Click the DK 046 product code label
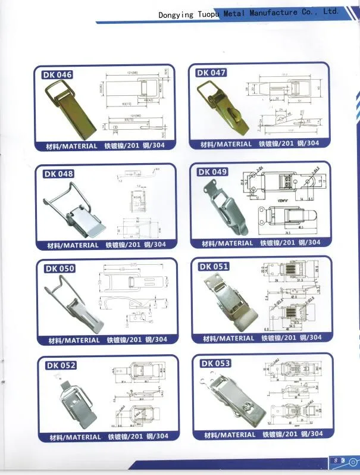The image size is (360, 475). click(57, 75)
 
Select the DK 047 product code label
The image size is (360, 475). click(211, 73)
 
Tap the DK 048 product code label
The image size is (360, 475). click(58, 174)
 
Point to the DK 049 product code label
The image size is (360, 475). click(213, 172)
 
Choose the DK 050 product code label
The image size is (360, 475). click(60, 268)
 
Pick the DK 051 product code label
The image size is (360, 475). click(214, 266)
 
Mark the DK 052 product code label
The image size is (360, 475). click(61, 365)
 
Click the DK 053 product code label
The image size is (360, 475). click(215, 363)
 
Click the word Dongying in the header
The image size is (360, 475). click(176, 14)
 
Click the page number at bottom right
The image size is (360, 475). click(339, 461)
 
